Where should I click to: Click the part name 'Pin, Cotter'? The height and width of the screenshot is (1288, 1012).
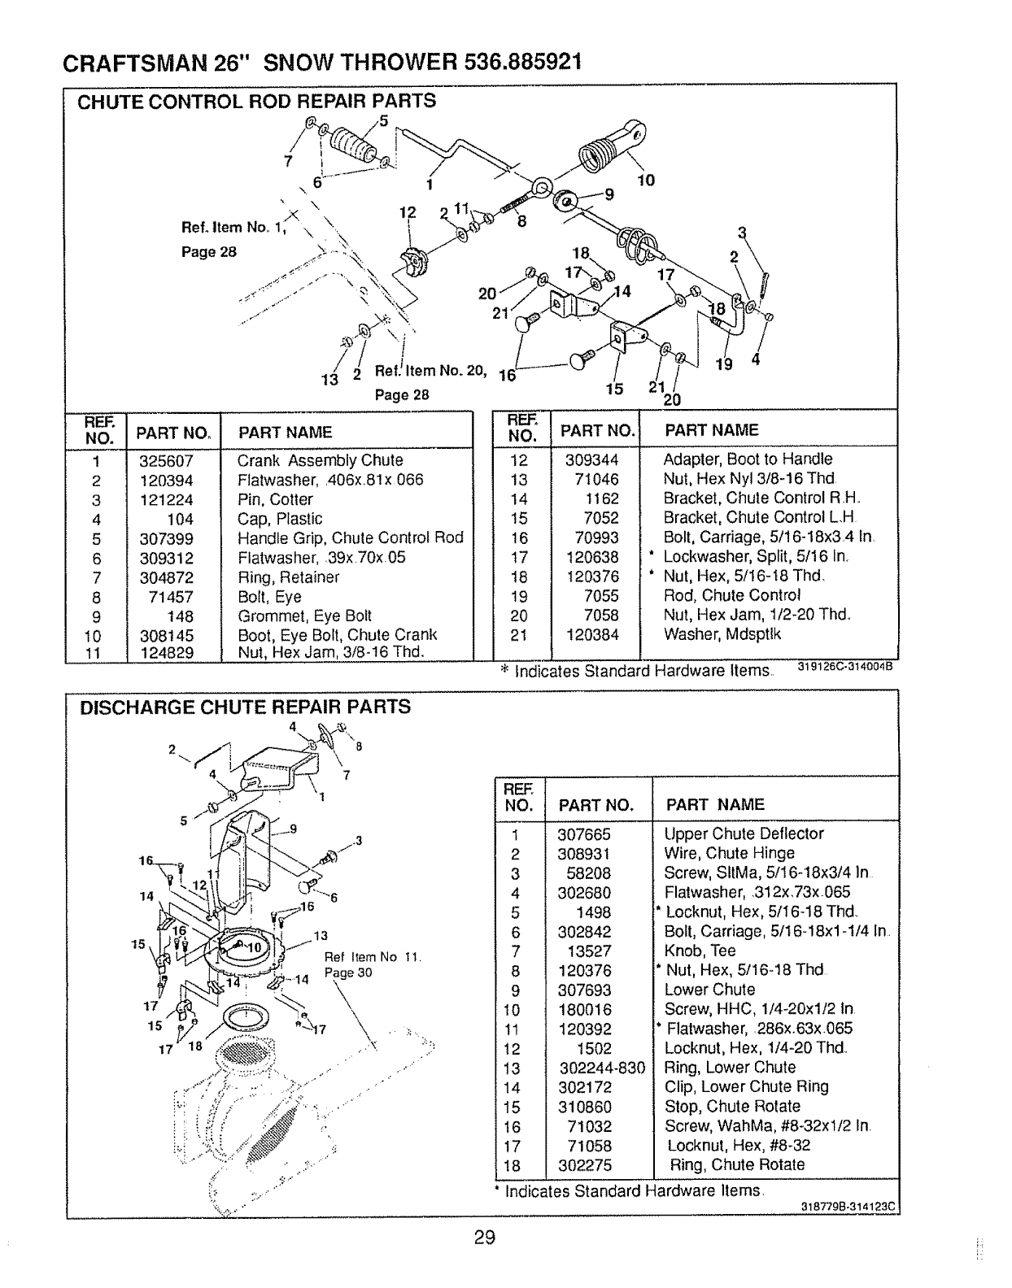(275, 499)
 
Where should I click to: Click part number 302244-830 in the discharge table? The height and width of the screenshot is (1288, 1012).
(597, 1068)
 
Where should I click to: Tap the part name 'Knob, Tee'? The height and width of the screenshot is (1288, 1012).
(700, 951)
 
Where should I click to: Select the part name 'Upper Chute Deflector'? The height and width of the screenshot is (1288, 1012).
(744, 833)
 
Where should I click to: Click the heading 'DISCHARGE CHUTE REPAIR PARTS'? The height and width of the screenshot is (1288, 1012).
(245, 707)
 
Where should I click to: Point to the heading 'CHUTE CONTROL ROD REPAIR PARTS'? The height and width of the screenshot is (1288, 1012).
(256, 101)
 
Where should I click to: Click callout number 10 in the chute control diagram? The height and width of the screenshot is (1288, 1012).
(645, 180)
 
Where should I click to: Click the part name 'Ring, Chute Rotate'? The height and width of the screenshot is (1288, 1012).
(736, 1164)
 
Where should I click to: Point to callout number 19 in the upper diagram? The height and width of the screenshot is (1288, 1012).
(723, 364)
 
